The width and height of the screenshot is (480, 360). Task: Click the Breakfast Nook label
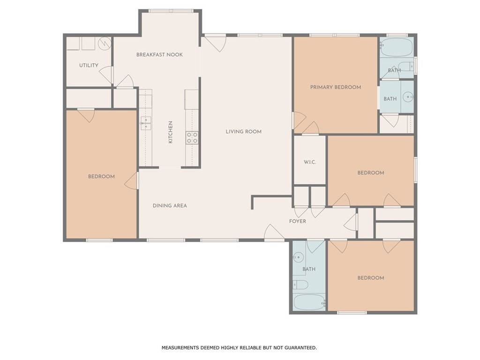[159, 55]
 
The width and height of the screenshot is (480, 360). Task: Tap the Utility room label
[89, 65]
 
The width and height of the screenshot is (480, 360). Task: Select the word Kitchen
[171, 132]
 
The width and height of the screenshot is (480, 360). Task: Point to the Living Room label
[244, 132]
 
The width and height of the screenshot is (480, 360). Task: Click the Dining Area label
[170, 206]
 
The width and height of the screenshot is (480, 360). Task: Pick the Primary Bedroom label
[336, 87]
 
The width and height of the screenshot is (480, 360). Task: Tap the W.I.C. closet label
[310, 162]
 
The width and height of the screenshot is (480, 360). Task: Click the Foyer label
[298, 221]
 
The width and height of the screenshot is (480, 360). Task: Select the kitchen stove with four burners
[192, 137]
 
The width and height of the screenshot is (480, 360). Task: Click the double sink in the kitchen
[146, 123]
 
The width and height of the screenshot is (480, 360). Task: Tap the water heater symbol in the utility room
[105, 44]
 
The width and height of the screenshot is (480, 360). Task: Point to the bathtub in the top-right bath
[397, 47]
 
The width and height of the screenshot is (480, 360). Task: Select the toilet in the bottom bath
[300, 285]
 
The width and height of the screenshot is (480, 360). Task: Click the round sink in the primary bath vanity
[408, 97]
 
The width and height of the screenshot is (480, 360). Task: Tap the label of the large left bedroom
[101, 177]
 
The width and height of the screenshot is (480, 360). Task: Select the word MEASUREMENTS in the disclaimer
[180, 348]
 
